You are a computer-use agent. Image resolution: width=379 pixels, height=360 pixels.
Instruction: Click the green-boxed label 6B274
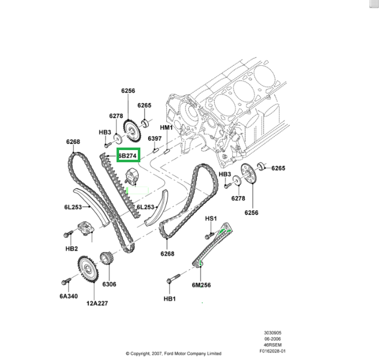(x=127, y=156)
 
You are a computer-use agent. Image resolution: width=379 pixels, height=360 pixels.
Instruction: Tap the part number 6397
(x=155, y=138)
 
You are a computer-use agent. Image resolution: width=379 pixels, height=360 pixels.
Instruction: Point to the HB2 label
(x=71, y=248)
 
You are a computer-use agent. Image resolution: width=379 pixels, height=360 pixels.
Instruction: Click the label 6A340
(x=68, y=296)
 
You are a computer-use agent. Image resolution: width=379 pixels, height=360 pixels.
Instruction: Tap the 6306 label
(x=108, y=284)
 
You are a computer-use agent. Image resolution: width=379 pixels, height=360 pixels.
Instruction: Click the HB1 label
(x=169, y=299)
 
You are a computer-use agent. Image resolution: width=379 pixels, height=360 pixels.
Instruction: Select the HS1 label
(x=211, y=219)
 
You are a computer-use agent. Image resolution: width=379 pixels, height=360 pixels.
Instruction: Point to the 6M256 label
(x=201, y=285)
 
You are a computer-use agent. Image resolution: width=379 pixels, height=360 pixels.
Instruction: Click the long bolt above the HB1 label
(x=172, y=279)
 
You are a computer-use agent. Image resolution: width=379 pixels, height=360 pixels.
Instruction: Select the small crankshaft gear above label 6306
(x=106, y=259)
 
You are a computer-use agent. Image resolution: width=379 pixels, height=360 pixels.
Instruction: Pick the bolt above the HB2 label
(x=68, y=235)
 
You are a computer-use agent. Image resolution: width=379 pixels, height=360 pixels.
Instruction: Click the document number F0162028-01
(x=273, y=350)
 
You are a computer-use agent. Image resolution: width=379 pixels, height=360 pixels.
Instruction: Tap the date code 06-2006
(x=273, y=338)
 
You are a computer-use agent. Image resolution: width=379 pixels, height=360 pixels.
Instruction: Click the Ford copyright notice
(x=173, y=353)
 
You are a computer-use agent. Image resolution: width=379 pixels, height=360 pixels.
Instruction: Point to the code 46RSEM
(x=273, y=344)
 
